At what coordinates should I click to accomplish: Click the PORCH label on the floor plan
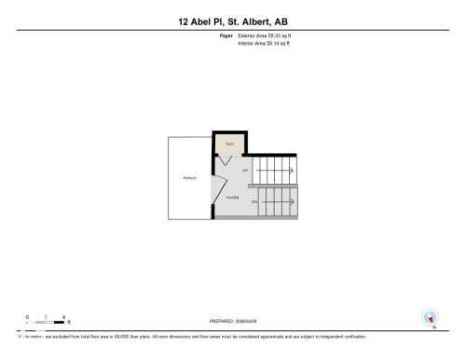[x=189, y=176]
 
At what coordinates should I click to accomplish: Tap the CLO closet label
[x=228, y=145]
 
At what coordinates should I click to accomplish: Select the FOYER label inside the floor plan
[x=232, y=198]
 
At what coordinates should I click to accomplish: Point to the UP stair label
[x=245, y=171]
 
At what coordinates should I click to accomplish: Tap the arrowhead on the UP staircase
[x=292, y=171]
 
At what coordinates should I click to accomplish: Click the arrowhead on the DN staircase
[x=292, y=201]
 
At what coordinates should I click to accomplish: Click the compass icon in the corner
[x=431, y=317]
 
